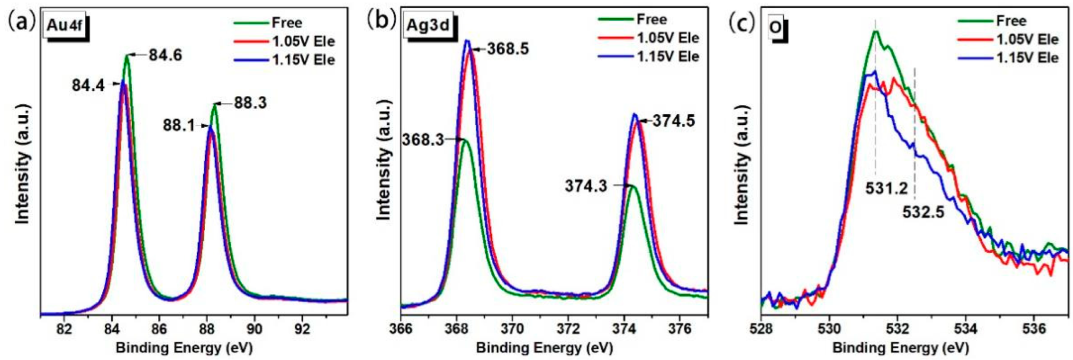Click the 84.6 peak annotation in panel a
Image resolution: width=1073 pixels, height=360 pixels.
point(165,55)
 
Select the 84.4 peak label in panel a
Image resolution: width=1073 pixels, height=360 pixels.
point(88,86)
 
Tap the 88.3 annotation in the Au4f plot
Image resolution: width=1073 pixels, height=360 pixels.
point(250,103)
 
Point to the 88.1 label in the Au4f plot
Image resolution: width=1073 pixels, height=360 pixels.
point(179,126)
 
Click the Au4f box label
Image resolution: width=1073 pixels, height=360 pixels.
point(65,28)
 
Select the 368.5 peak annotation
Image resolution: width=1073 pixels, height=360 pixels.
point(507,49)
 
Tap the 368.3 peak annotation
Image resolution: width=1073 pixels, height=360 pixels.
point(422,140)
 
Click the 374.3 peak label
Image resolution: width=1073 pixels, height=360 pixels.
point(586,186)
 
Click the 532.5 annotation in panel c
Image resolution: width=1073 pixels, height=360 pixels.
point(923,212)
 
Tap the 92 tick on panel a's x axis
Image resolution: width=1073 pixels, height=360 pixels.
point(302,328)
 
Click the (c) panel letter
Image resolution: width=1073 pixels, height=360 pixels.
point(742,22)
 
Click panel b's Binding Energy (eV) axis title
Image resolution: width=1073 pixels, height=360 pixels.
point(544,348)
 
